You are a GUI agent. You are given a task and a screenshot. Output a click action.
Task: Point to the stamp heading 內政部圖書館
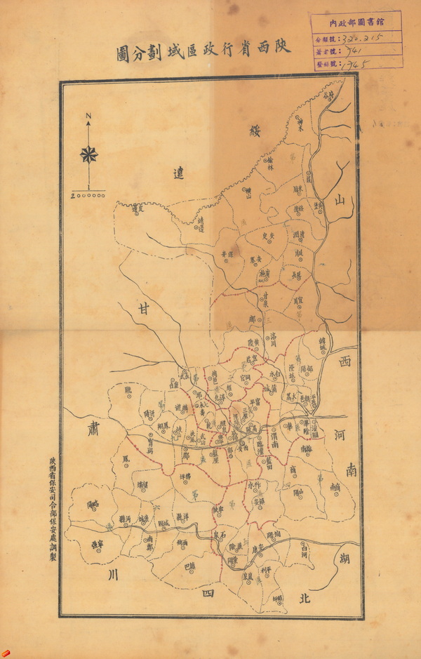click(356, 22)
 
